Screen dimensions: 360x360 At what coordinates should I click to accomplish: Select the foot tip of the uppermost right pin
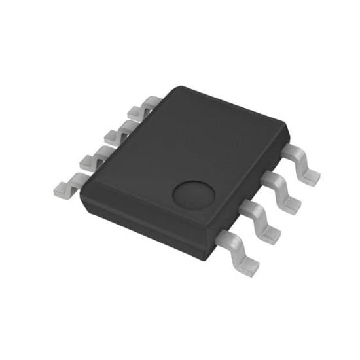point(313,174)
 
